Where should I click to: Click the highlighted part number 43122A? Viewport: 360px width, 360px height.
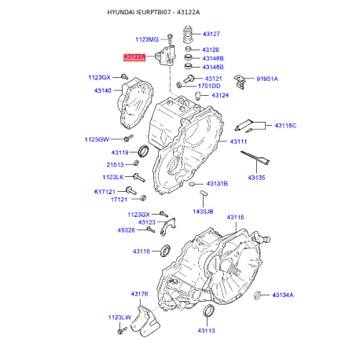pos(134,57)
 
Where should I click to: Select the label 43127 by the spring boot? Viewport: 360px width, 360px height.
pos(211,34)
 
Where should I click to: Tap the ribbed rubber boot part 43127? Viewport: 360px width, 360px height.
pos(188,35)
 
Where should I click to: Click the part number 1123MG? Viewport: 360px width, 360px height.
pos(147,39)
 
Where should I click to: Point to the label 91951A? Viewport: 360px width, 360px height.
pos(267,79)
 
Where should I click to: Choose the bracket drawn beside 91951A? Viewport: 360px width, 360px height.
pos(240,82)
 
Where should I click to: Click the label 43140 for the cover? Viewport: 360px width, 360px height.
pos(103,90)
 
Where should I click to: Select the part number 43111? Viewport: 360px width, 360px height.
pos(238,141)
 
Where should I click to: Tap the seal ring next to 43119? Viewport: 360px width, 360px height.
pos(143,151)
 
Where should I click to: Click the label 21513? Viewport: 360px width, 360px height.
pos(115,165)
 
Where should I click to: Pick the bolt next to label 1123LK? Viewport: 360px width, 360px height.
pos(139,178)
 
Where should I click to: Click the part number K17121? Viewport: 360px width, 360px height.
pos(105,192)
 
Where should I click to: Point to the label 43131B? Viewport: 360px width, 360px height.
pos(217,184)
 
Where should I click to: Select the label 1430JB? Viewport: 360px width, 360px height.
pos(203,211)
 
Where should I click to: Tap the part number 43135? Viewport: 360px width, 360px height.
pos(256,178)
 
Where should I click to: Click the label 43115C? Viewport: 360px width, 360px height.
pos(285,126)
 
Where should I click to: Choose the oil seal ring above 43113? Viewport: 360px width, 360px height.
pos(209,310)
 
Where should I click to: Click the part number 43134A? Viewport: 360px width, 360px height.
pos(283,295)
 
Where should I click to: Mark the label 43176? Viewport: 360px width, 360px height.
pos(139,294)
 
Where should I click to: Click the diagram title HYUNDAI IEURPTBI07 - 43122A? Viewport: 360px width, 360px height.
pos(153,13)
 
